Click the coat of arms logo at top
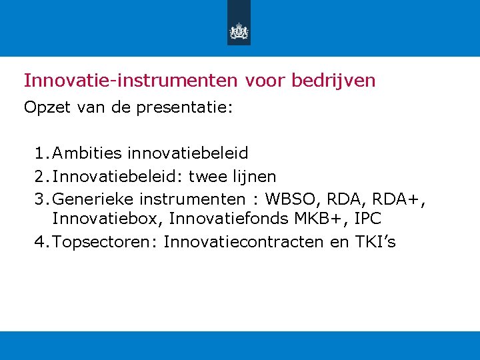click(x=239, y=31)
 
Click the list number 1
click(x=42, y=153)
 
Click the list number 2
click(x=42, y=176)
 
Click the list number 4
click(x=42, y=241)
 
